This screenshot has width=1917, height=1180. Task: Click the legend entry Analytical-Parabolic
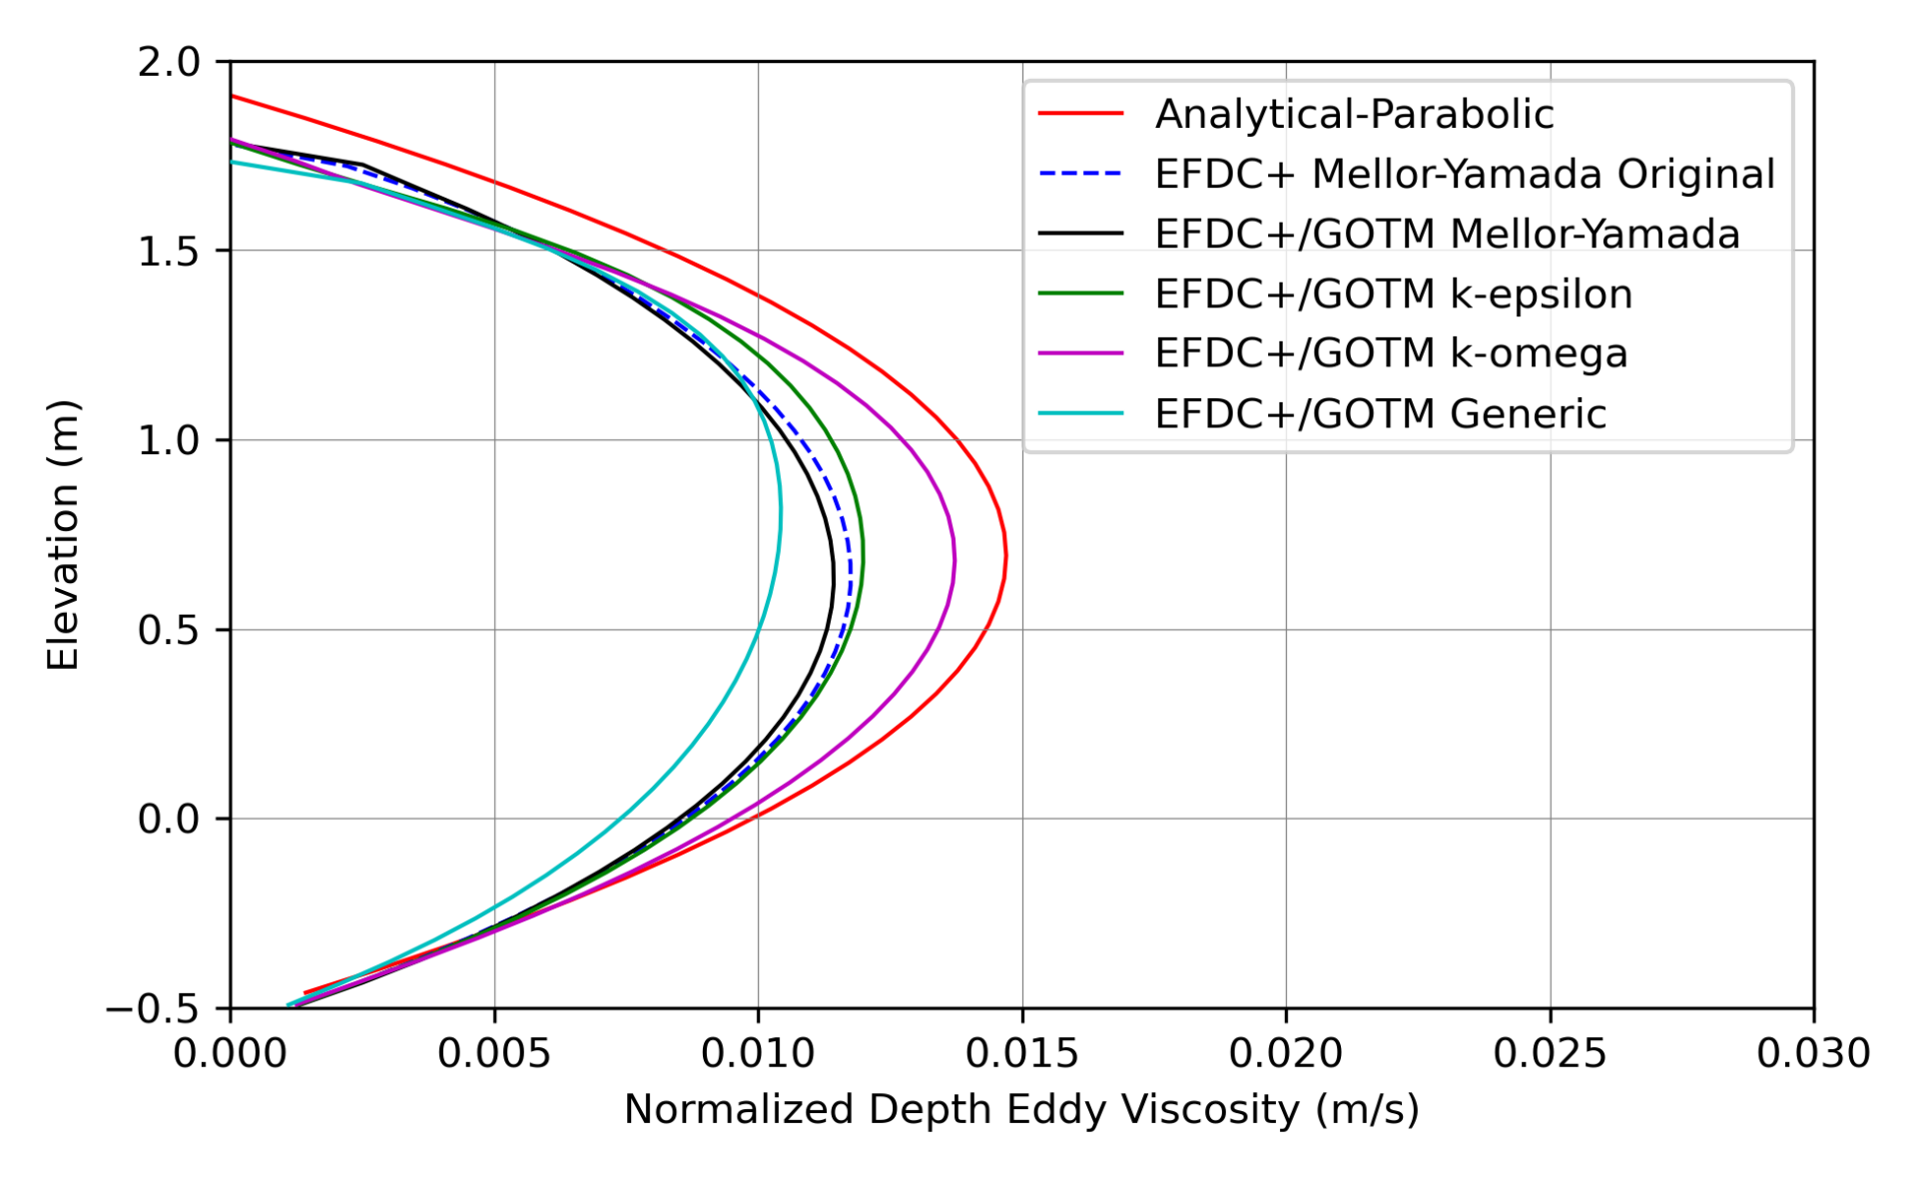click(x=1353, y=115)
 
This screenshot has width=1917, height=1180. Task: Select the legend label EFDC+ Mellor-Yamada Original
click(x=1464, y=175)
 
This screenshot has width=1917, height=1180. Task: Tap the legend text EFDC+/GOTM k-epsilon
click(x=1393, y=295)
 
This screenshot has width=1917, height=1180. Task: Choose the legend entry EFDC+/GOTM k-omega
click(x=1391, y=353)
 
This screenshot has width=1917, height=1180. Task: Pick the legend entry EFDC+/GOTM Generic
click(x=1380, y=413)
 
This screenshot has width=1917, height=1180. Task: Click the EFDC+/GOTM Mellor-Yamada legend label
click(x=1447, y=235)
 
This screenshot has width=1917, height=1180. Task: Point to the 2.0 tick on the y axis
click(x=169, y=62)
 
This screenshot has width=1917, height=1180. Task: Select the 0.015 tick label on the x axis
click(x=1021, y=1054)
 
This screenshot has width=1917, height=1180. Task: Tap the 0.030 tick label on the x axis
click(x=1812, y=1054)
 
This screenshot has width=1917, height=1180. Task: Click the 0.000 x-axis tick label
click(x=231, y=1054)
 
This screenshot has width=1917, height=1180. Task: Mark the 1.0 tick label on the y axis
click(x=169, y=440)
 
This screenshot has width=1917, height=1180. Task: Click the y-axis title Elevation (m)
click(x=63, y=535)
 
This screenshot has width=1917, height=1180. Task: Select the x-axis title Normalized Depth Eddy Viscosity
click(x=1020, y=1110)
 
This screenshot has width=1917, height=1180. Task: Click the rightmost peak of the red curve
click(x=1005, y=555)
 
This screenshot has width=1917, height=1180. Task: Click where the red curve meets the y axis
click(x=232, y=96)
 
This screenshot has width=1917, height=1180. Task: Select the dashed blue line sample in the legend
click(x=1080, y=175)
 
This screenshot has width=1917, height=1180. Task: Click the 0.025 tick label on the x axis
click(x=1550, y=1054)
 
